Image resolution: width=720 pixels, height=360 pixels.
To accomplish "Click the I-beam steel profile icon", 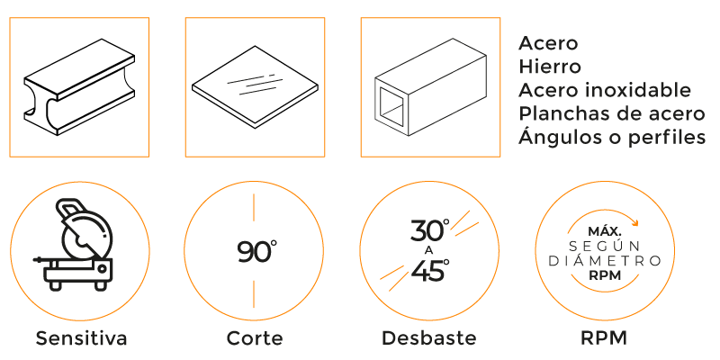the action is [x=79, y=87].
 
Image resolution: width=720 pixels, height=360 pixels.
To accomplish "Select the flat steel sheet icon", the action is [x=255, y=86].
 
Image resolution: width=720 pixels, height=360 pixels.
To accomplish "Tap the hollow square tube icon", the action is [x=430, y=87].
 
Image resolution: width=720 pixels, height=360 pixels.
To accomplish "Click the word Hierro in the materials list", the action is [x=550, y=67].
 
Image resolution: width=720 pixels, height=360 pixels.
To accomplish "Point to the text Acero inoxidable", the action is [x=605, y=91].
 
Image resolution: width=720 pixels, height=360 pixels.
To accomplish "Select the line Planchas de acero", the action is [x=612, y=114].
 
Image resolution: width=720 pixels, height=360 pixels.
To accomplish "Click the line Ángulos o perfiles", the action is [x=612, y=137].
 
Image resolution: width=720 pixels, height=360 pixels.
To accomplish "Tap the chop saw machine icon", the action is [x=75, y=244].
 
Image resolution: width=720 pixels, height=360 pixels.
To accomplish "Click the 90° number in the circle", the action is [x=257, y=252].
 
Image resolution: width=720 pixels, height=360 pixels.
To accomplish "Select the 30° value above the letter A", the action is [x=430, y=230].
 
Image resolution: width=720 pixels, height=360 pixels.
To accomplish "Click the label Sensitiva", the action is [x=81, y=338].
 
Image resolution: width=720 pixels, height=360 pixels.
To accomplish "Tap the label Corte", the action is [x=255, y=338].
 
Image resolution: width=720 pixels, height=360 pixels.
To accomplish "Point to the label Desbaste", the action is [x=429, y=338].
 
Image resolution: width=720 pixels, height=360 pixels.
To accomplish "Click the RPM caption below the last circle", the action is [x=604, y=338].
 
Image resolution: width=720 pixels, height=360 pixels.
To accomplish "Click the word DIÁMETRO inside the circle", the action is [x=605, y=261].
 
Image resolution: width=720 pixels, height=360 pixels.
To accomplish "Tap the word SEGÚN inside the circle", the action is [x=605, y=246].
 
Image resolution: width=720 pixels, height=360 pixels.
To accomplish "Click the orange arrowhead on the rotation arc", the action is [x=635, y=223].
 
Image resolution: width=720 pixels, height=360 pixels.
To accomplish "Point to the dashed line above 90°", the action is [x=254, y=207].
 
